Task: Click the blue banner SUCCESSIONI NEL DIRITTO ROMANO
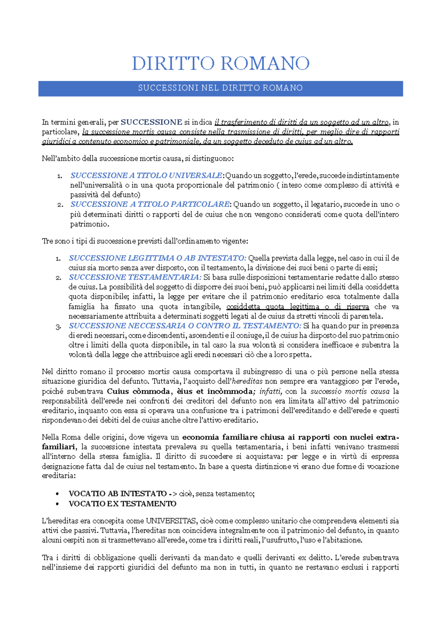coord(220,88)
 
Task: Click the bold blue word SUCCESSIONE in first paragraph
coord(151,122)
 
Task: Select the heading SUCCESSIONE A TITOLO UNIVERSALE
coord(146,175)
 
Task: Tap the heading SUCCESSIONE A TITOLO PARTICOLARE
coord(150,204)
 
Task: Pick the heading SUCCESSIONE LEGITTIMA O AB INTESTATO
coord(157,258)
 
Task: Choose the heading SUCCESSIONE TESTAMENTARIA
coord(135,277)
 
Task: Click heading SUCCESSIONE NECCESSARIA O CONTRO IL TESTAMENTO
coord(185,326)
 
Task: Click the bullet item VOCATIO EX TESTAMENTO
coord(122,504)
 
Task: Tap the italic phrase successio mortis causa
coord(350,391)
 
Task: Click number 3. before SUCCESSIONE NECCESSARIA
coord(58,327)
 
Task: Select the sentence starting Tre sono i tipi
coord(145,241)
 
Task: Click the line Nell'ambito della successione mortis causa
coord(137,159)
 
